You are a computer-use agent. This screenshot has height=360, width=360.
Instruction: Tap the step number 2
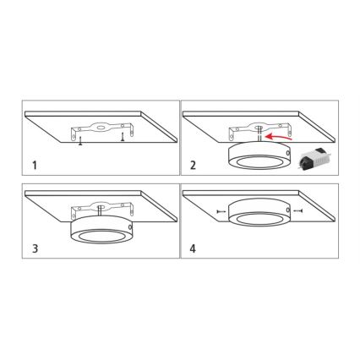(194, 164)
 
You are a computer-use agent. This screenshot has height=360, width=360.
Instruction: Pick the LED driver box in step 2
(314, 155)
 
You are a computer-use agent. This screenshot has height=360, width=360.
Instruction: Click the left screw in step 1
(79, 139)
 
